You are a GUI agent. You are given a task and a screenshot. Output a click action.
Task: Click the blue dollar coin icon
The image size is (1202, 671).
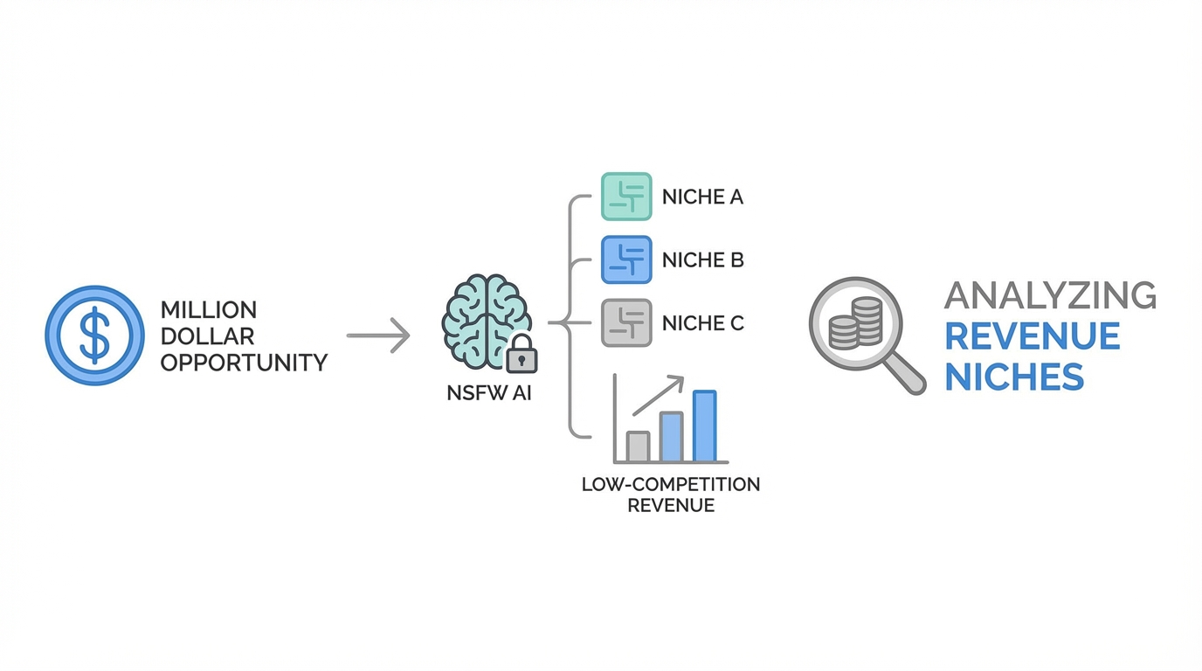pos(94,335)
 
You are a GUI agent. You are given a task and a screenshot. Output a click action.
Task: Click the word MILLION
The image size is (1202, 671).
pos(209,310)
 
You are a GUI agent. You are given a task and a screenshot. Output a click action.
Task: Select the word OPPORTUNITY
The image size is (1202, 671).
pos(244,362)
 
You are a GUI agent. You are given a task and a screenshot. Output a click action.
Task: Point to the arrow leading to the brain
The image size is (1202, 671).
pos(378,335)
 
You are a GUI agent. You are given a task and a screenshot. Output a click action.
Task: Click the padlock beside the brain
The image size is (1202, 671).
pos(522,354)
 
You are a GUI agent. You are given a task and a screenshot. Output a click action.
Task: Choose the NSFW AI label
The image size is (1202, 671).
pos(488,393)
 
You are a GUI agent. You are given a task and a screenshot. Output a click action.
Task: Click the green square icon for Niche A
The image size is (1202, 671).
pos(626,197)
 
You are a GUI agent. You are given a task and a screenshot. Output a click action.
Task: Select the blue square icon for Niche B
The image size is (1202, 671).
pos(626,259)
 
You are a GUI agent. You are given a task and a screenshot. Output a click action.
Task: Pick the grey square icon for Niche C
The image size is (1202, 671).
pos(626,323)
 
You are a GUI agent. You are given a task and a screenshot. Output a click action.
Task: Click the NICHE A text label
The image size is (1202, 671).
pos(702,197)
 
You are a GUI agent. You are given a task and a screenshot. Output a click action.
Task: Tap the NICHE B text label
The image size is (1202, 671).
pos(702,260)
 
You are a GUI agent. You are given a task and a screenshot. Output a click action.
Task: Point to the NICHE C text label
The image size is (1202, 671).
pos(702,323)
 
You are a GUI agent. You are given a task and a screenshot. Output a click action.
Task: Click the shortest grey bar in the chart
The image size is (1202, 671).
pos(638,446)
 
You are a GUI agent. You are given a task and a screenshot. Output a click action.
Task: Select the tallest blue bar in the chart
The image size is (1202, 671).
pos(704,425)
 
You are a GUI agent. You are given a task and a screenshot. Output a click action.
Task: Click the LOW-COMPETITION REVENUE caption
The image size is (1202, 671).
pos(671,495)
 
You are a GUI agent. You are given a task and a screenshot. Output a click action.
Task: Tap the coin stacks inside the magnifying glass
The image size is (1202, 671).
pos(856,322)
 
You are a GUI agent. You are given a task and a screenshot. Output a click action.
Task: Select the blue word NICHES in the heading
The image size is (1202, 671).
pos(1014,377)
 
